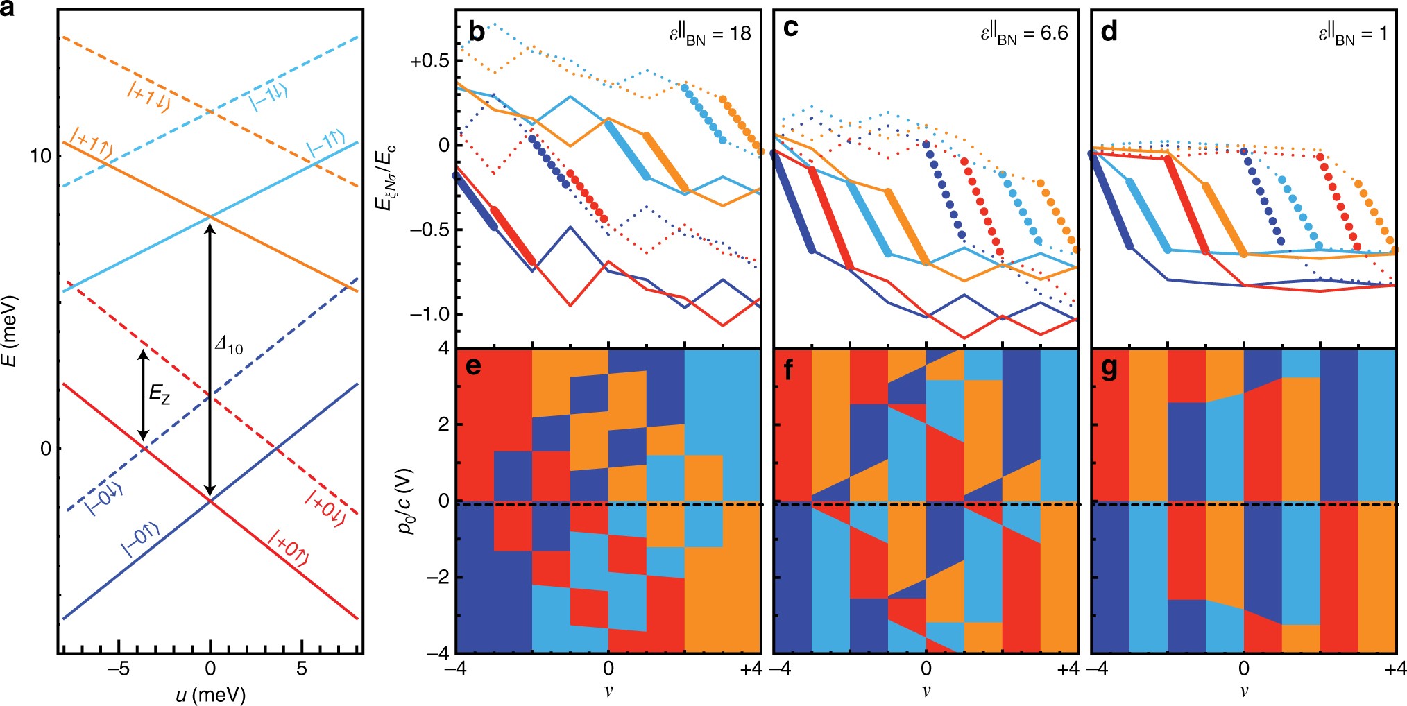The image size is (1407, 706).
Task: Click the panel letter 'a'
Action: (10, 10)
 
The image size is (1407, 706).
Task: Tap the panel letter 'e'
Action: (474, 366)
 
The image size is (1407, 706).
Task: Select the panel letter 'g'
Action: (1109, 369)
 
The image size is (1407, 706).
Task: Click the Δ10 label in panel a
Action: (229, 345)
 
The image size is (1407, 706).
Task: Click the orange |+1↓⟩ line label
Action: (148, 96)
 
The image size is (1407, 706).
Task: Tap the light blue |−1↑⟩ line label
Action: (326, 144)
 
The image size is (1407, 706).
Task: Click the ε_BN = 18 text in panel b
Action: (710, 34)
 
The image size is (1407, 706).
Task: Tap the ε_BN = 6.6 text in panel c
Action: (1023, 34)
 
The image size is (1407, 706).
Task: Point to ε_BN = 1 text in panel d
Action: (1352, 34)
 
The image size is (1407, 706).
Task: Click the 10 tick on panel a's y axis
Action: (42, 156)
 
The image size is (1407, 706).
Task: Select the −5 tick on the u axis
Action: (119, 669)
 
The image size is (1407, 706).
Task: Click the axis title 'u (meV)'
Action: (210, 694)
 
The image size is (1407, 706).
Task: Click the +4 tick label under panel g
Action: (1395, 669)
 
